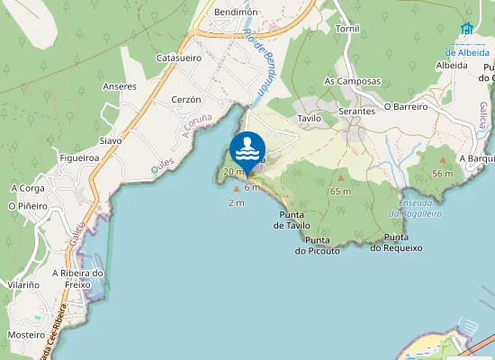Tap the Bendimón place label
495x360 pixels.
coord(237,12)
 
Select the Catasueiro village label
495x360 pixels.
coord(178,57)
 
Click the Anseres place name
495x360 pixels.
coord(120,86)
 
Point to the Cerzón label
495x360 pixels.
coord(184,99)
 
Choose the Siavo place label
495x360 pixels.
coord(110,140)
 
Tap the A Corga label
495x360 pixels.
coord(27,188)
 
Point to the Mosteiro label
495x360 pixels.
coord(26,334)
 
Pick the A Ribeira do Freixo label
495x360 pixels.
coord(78,279)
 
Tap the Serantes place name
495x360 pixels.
coord(356,111)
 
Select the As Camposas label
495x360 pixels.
coord(352,80)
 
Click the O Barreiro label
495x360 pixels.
coord(405,105)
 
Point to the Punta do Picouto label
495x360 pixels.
coord(322,246)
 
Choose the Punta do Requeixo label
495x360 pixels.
coord(397,242)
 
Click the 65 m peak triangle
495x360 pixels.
coord(340,178)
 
